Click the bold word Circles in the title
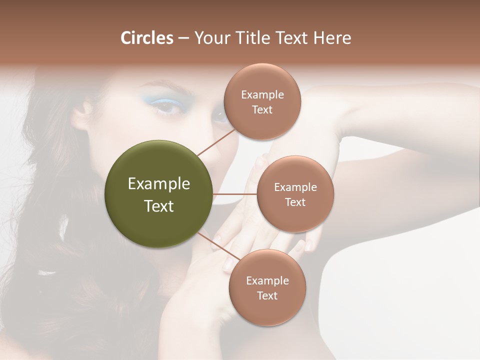[146, 38]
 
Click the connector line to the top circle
[216, 141]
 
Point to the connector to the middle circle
[235, 194]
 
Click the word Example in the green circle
[159, 184]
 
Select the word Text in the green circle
[159, 206]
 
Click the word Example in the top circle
[262, 95]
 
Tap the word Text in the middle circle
[295, 202]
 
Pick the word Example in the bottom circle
[267, 280]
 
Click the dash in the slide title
[183, 38]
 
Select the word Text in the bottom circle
[267, 295]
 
